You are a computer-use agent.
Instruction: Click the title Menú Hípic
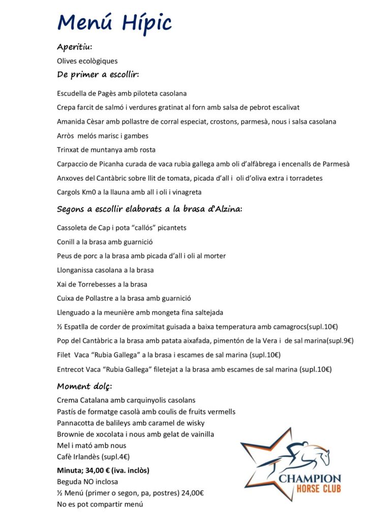pyautogui.click(x=114, y=23)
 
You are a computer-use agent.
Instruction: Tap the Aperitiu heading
pyautogui.click(x=74, y=47)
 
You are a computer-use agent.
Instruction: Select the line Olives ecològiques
pyautogui.click(x=87, y=61)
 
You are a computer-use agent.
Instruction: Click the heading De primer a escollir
pyautogui.click(x=98, y=75)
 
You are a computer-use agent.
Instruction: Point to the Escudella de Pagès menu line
pyautogui.click(x=121, y=93)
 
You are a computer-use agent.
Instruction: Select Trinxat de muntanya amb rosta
pyautogui.click(x=106, y=150)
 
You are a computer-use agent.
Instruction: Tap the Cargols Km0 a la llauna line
pyautogui.click(x=129, y=192)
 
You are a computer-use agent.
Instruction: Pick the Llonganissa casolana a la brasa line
pyautogui.click(x=105, y=270)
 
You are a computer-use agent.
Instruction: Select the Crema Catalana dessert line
pyautogui.click(x=126, y=400)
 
